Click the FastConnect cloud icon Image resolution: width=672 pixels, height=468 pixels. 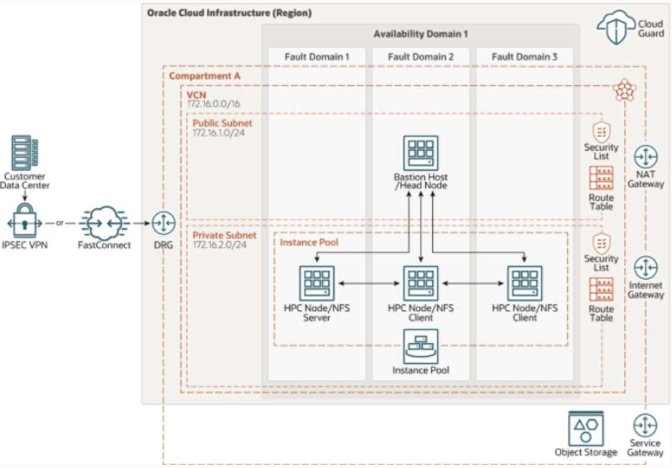104,223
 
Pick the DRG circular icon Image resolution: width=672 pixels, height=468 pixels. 164,223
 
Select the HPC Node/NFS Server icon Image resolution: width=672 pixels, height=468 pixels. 315,283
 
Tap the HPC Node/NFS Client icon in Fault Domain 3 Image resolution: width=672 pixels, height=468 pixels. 525,283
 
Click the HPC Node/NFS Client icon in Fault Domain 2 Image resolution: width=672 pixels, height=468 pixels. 420,283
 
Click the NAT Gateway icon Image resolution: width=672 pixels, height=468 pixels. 646,158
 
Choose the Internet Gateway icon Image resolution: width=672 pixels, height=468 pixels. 646,268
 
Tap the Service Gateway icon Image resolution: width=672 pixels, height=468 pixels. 646,424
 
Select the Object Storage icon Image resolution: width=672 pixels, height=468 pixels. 585,429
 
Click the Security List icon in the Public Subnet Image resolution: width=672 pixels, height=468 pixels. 601,132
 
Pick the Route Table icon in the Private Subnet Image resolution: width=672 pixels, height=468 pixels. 601,289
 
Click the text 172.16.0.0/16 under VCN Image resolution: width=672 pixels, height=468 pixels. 214,104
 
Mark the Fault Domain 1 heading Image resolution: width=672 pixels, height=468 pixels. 317,57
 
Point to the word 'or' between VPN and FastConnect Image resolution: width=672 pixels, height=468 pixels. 60,223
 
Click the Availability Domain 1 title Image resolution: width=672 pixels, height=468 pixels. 420,34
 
